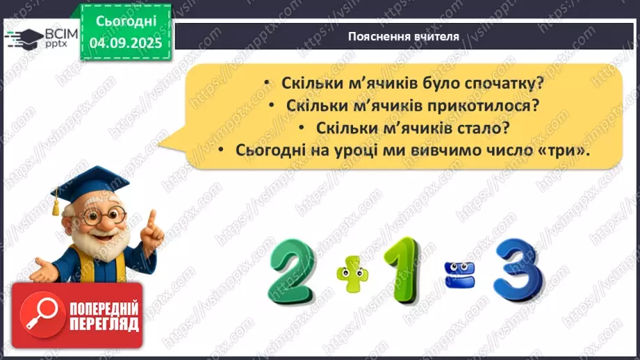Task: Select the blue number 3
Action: [x=518, y=268]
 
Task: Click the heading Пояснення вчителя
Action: [x=403, y=37]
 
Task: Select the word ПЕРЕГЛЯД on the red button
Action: [x=104, y=325]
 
